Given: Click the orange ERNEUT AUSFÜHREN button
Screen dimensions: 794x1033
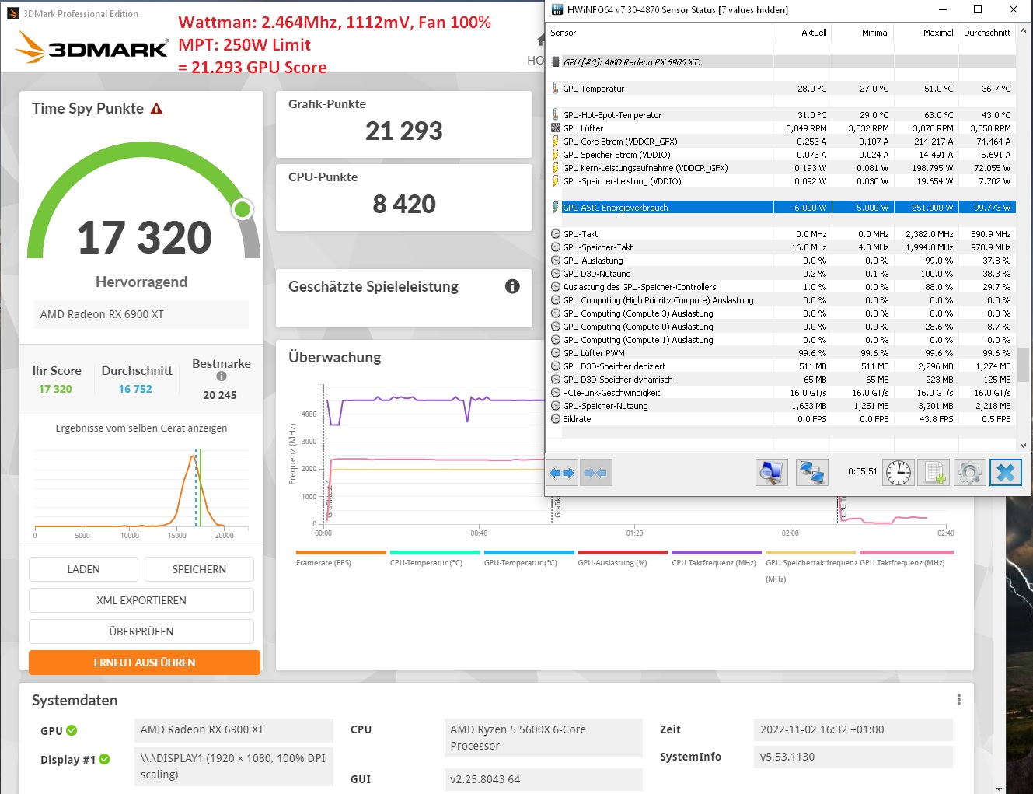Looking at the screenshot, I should coord(145,663).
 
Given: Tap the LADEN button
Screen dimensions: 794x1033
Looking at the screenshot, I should coord(83,569).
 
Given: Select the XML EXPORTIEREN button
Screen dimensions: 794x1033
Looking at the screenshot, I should coord(141,600).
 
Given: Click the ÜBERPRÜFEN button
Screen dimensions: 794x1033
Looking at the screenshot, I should coord(141,631).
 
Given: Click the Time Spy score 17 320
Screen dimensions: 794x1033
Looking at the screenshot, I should coord(145,237).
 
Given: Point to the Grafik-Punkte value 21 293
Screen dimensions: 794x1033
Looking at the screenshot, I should coord(404,131).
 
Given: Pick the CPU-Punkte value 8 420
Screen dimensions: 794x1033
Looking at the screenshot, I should coord(404,205).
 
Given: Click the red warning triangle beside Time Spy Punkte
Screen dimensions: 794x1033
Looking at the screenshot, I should coord(157,109).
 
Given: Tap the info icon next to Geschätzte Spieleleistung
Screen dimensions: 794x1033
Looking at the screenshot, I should coord(512,286).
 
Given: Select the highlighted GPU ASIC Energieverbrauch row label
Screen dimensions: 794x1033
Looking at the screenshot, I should coord(616,208).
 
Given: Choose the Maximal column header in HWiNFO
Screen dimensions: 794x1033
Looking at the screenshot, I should coord(938,33).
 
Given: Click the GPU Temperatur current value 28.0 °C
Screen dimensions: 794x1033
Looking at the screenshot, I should coord(811,89).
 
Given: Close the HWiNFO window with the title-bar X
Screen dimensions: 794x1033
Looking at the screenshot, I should coord(1014,9).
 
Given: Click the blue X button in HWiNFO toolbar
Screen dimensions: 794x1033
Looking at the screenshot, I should coord(1006,472).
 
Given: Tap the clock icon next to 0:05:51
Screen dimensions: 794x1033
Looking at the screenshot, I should coord(899,472).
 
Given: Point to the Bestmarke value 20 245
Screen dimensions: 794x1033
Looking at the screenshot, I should coord(220,395).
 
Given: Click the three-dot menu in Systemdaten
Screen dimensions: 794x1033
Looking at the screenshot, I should coord(959,700).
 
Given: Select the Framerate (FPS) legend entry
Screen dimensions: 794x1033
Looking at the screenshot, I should coord(324,562).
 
